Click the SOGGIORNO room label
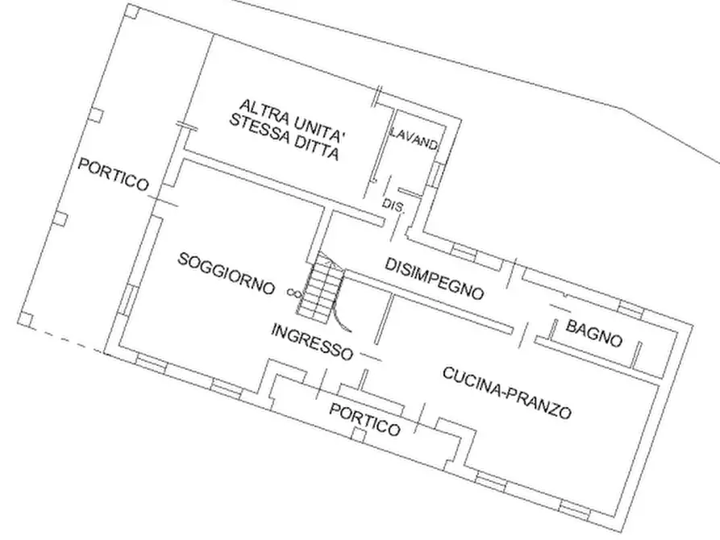coord(227,274)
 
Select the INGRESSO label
coord(312,342)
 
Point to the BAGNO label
coord(593,334)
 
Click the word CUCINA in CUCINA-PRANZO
coord(473,383)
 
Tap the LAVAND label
coord(414,139)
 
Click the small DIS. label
coord(393,206)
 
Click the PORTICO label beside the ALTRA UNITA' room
coord(114,174)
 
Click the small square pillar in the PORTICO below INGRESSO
coord(360,436)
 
